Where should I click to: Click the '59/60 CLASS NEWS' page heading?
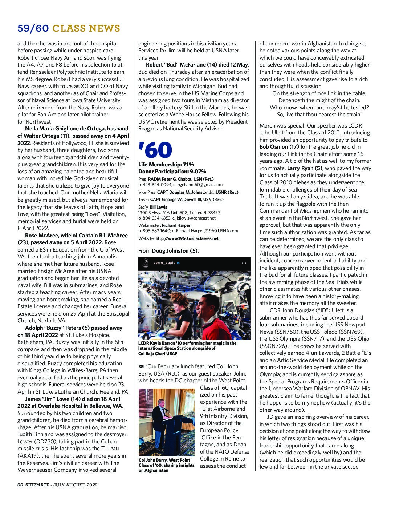click(x=69, y=28)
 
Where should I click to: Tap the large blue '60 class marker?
click(x=155, y=150)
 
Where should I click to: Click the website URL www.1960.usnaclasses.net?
click(x=187, y=238)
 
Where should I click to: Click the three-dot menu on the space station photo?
click(x=244, y=263)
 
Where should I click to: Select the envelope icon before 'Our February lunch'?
click(x=141, y=366)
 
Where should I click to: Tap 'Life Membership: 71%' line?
click(x=166, y=165)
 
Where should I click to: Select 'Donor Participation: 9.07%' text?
click(x=172, y=172)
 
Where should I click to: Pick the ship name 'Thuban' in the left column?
click(x=110, y=449)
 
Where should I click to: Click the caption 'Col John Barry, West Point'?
click(x=164, y=460)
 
